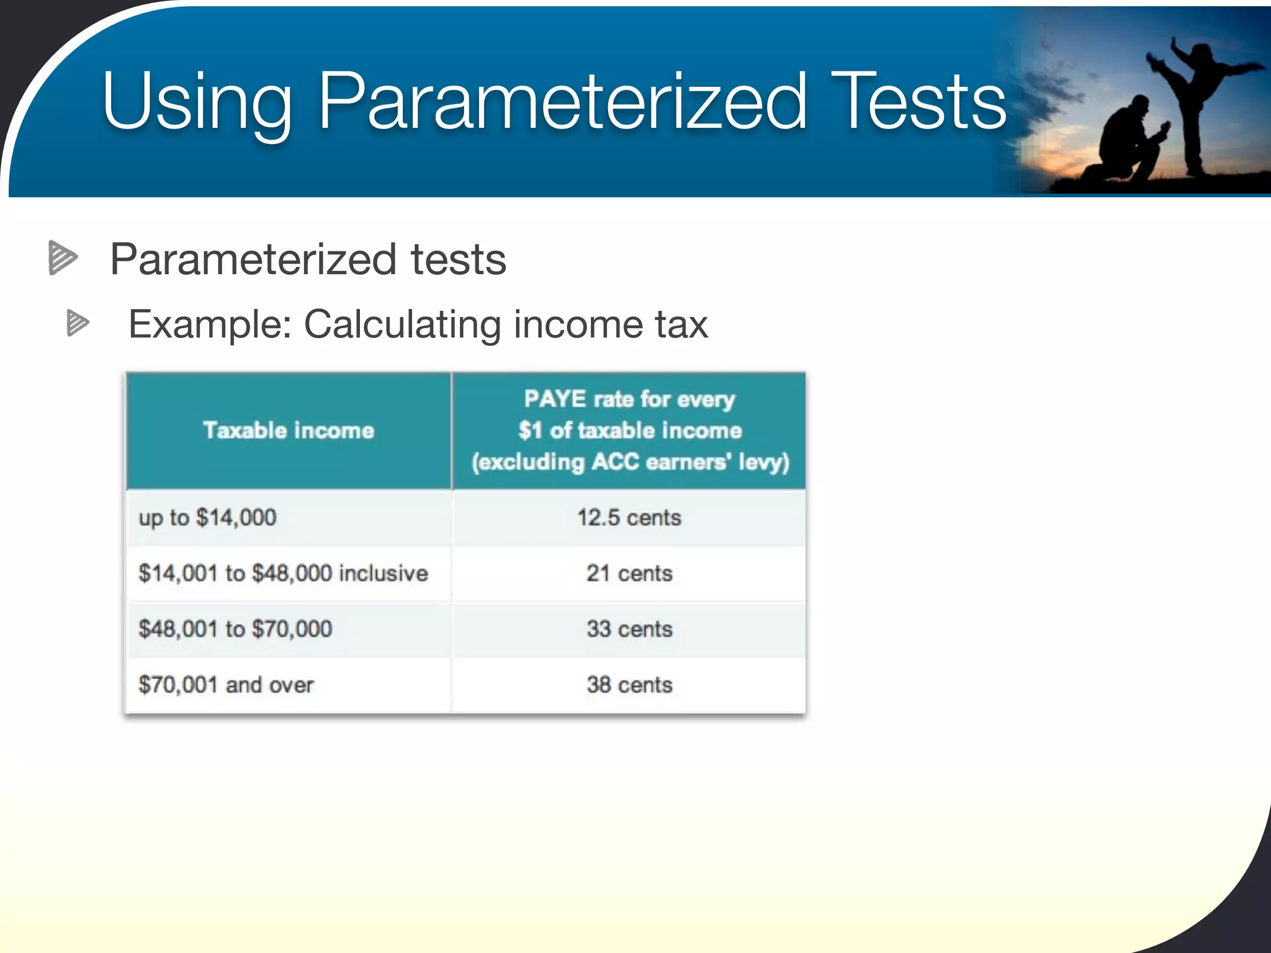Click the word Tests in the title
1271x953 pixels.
pos(918,101)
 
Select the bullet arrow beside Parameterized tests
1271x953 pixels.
pos(63,257)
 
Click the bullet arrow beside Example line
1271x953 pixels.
pos(78,323)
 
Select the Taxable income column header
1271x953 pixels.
pos(289,430)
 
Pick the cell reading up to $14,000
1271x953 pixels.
pos(207,517)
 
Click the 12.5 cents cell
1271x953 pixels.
pos(629,517)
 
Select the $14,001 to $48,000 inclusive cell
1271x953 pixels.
pos(283,573)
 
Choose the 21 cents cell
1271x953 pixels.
pos(629,573)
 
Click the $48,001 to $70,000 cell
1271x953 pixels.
pos(235,629)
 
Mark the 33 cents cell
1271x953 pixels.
pos(629,629)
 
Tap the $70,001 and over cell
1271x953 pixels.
pos(226,685)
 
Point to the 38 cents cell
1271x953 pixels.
pos(629,685)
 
